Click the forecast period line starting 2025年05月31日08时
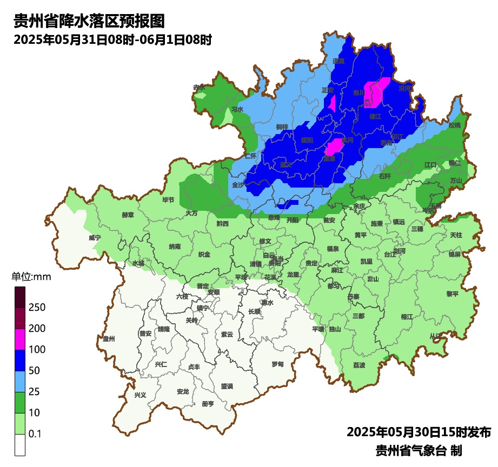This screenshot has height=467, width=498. (x=112, y=39)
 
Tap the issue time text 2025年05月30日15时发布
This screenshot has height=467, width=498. (x=419, y=432)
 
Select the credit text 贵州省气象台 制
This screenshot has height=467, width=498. (x=419, y=450)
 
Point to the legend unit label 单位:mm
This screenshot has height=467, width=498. (x=31, y=277)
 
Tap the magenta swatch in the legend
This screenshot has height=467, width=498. (x=20, y=339)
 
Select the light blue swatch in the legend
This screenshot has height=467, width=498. (x=20, y=382)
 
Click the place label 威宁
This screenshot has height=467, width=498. (x=95, y=238)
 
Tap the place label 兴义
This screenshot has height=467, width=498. (x=140, y=395)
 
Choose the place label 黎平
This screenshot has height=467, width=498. (x=452, y=294)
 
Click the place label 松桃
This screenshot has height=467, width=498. (x=455, y=125)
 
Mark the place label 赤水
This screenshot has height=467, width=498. (x=199, y=87)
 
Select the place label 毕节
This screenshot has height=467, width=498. (x=168, y=200)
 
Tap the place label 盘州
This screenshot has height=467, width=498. (x=109, y=339)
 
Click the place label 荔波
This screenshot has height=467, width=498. (x=359, y=365)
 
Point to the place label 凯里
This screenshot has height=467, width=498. (x=367, y=262)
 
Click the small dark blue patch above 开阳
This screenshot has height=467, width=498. (x=288, y=203)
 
